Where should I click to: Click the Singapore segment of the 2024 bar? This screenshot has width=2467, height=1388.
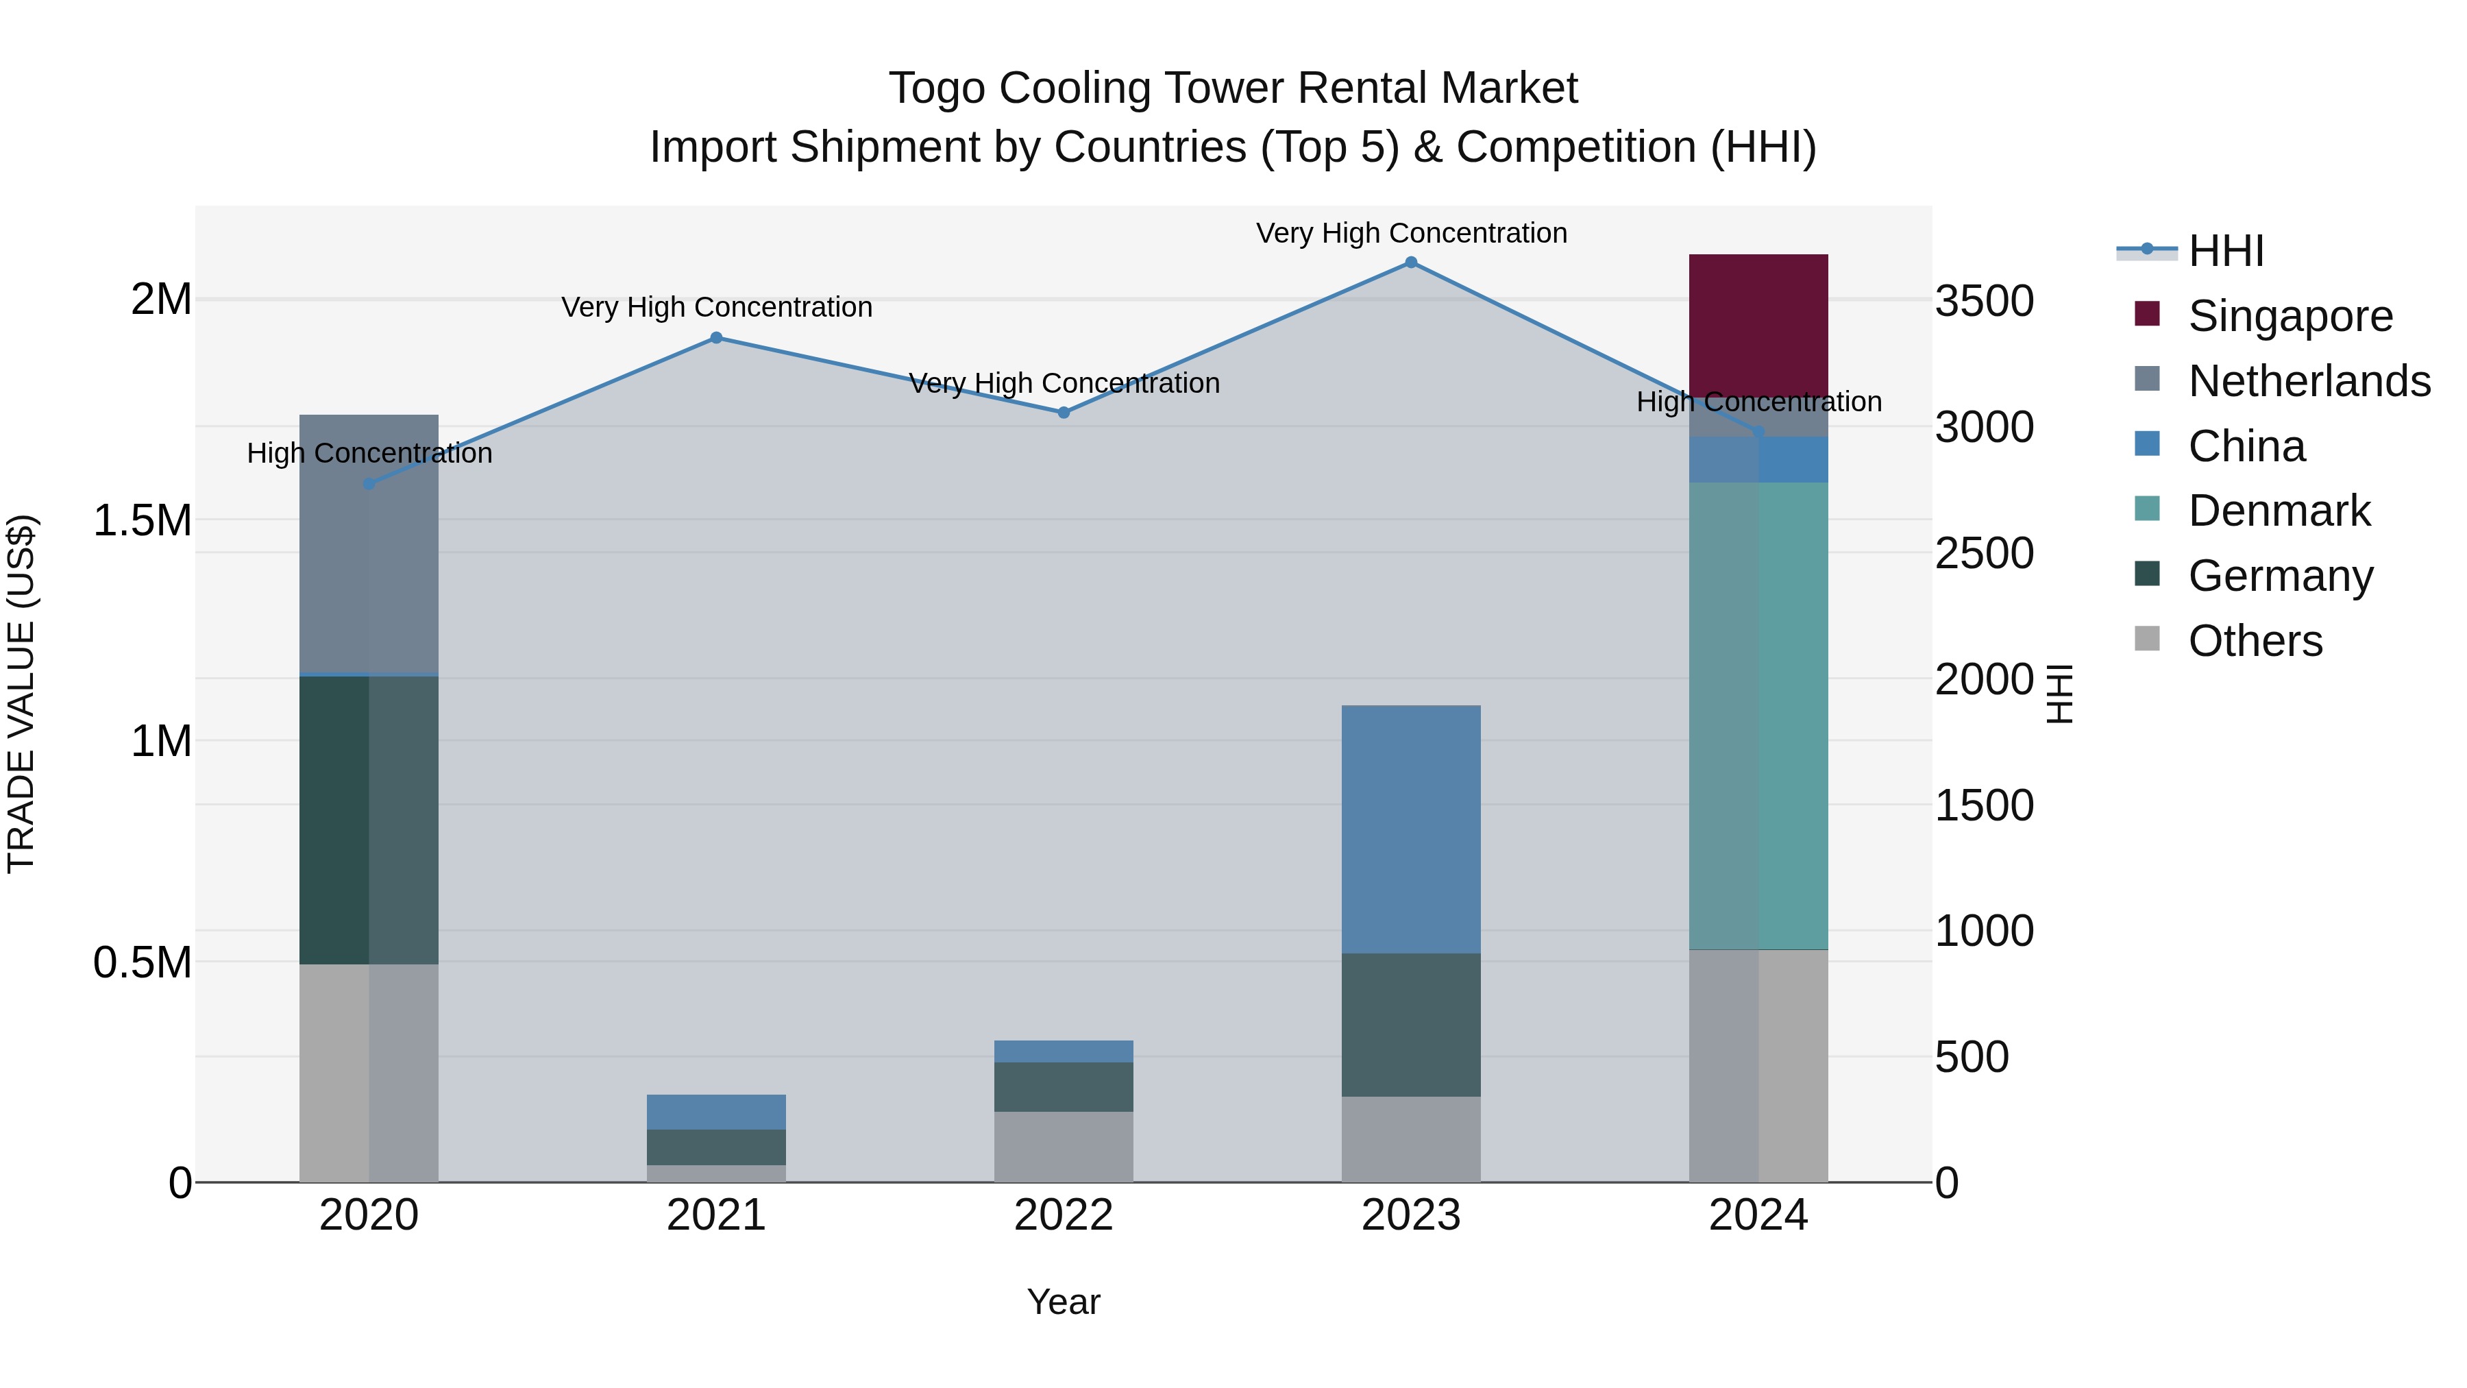pos(1758,326)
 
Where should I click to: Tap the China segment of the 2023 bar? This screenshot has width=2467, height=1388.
pos(1411,829)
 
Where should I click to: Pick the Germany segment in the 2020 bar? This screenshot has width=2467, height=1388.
pos(369,820)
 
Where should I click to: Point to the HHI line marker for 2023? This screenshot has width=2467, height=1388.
pos(1411,263)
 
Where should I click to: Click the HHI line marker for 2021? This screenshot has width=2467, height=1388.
pos(716,337)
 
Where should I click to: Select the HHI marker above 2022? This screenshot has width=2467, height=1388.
pos(1063,413)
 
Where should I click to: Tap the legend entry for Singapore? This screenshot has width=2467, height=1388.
pos(2289,316)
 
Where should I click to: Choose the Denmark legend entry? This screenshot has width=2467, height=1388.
pos(2279,511)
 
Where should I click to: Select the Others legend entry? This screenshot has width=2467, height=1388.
pos(2255,641)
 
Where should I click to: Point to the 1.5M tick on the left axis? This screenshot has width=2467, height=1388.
pos(143,521)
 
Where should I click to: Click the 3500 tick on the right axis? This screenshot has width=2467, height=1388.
pos(1985,301)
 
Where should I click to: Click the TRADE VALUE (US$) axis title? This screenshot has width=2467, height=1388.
pos(21,694)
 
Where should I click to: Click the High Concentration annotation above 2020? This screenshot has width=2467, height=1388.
pos(369,453)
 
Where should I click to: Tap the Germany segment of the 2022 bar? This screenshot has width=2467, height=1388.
pos(1063,1086)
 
